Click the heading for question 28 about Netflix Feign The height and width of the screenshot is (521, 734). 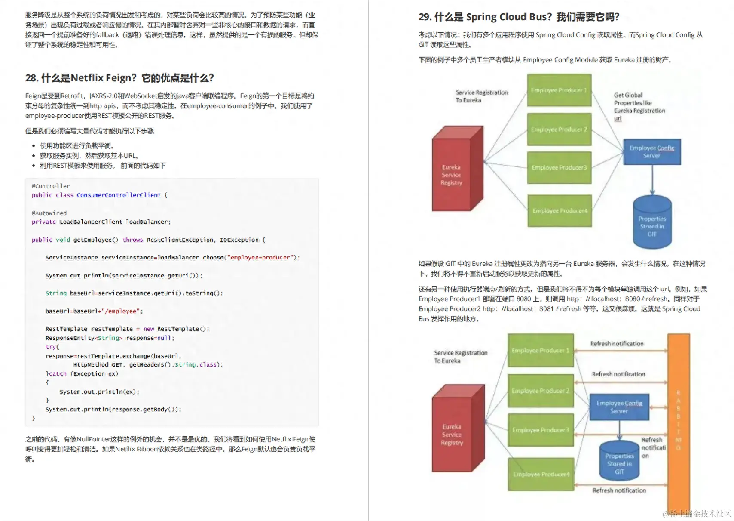pos(119,78)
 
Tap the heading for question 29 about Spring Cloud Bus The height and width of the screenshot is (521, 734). pos(519,17)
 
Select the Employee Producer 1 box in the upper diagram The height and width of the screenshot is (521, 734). pos(559,90)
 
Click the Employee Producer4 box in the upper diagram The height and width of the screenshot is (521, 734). pos(560,210)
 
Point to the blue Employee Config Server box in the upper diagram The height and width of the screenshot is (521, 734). pos(651,151)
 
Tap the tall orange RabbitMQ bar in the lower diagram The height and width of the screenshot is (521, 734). pos(678,422)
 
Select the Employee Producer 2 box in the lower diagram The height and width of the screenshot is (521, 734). pos(540,391)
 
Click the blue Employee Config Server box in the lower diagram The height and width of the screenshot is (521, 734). pos(619,407)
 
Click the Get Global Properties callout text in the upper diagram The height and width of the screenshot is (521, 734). pos(639,106)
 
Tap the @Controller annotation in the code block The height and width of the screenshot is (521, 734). pos(51,186)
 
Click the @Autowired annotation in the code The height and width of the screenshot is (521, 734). pos(49,213)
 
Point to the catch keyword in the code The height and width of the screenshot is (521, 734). pos(58,373)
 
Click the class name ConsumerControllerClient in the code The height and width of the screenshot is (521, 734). pos(119,195)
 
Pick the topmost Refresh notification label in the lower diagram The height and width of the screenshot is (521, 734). pos(617,344)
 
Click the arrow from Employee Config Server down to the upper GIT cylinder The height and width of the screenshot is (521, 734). pos(652,180)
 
